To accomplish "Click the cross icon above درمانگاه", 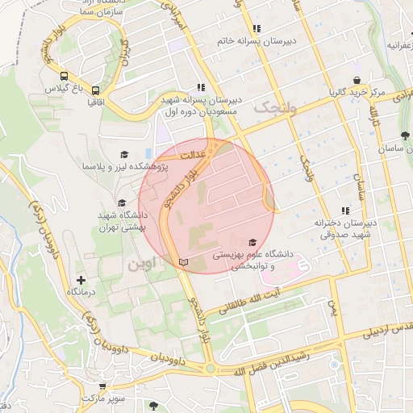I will tap(81, 279).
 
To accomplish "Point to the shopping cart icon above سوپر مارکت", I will tap(99, 386).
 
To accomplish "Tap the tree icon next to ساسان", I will tap(403, 135).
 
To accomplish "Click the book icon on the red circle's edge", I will tap(183, 262).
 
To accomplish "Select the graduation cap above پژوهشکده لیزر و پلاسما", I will tap(124, 154).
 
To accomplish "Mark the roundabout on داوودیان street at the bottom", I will tap(211, 369).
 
